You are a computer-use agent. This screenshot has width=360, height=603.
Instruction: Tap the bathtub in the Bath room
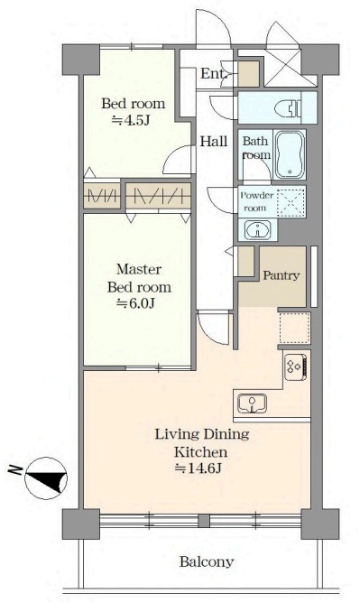[x=290, y=155]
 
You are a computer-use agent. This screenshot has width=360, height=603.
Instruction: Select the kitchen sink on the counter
[x=252, y=404]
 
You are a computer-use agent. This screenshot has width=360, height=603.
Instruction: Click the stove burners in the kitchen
[x=295, y=366]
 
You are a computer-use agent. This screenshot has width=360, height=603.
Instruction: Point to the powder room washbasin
[x=257, y=230]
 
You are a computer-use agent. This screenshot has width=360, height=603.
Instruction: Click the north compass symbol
[x=46, y=478]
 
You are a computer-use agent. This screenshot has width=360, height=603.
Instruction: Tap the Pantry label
[x=281, y=275]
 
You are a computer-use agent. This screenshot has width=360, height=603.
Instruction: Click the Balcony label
[x=207, y=561]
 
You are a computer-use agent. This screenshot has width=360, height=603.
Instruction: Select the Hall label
[x=214, y=142]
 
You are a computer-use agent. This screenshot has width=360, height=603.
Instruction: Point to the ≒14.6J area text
[x=198, y=468]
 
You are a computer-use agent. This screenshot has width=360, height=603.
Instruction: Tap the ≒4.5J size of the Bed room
[x=131, y=120]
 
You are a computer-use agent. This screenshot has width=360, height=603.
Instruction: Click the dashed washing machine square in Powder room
[x=291, y=201]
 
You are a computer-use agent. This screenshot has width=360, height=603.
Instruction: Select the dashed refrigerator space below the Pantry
[x=294, y=328]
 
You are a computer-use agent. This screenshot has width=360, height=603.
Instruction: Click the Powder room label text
[x=256, y=201]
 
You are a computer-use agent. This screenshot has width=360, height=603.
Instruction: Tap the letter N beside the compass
[x=15, y=470]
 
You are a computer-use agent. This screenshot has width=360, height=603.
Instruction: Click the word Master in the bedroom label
[x=139, y=269]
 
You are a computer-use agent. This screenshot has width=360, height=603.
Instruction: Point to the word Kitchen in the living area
[x=200, y=452]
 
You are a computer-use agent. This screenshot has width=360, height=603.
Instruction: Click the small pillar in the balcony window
[x=204, y=521]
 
